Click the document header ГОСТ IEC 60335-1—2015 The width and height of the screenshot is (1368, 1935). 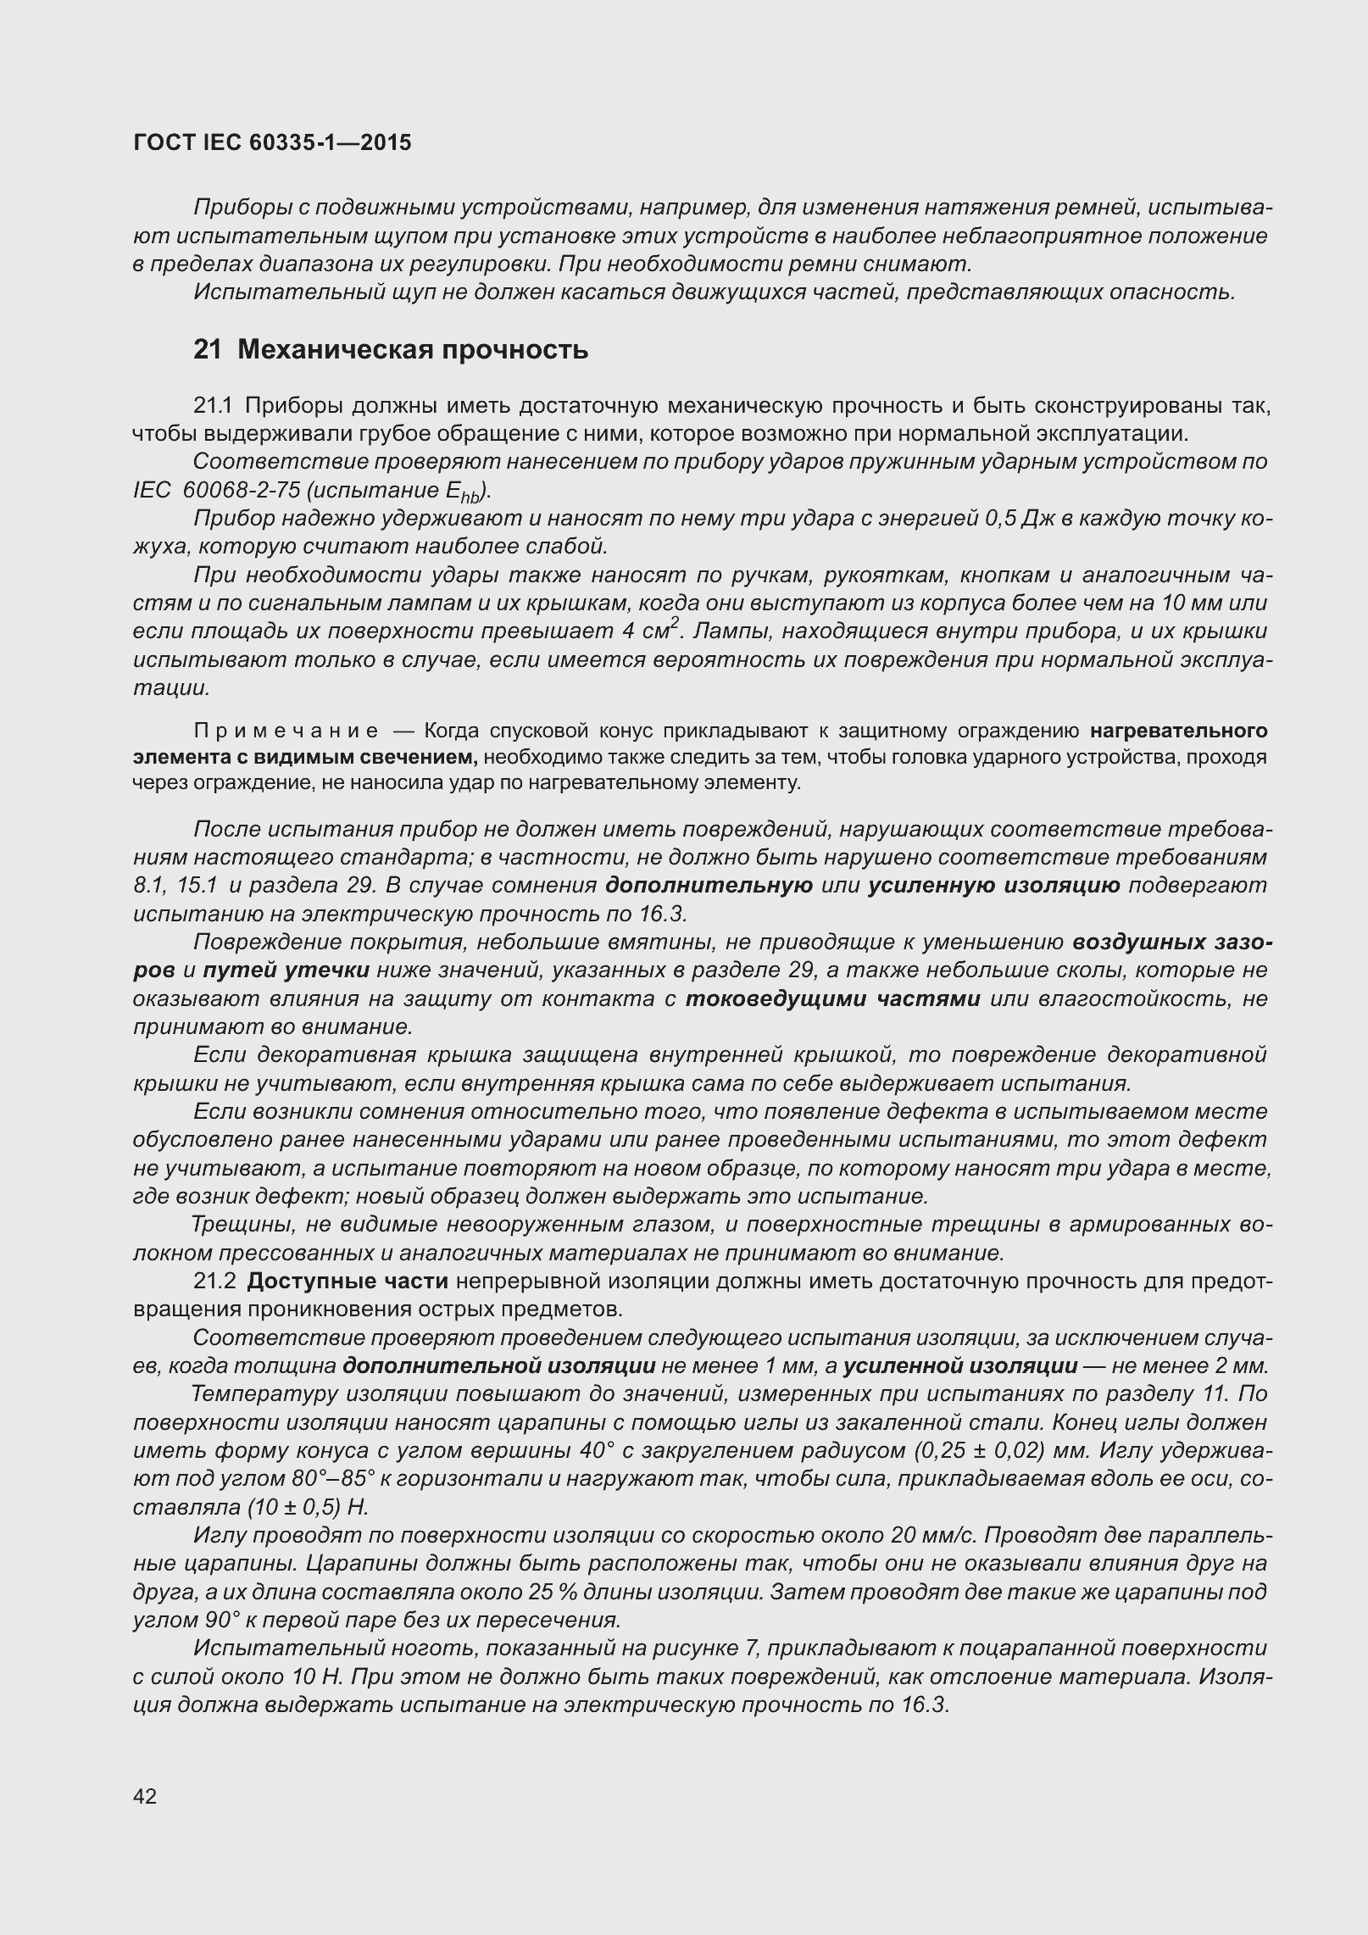pyautogui.click(x=272, y=142)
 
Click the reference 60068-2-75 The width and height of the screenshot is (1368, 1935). pyautogui.click(x=236, y=491)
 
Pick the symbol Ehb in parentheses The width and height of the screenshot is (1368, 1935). pyautogui.click(x=465, y=492)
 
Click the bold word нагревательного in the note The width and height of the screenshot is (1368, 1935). pyautogui.click(x=1179, y=731)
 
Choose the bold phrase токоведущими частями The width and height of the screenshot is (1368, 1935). pyautogui.click(x=832, y=998)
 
